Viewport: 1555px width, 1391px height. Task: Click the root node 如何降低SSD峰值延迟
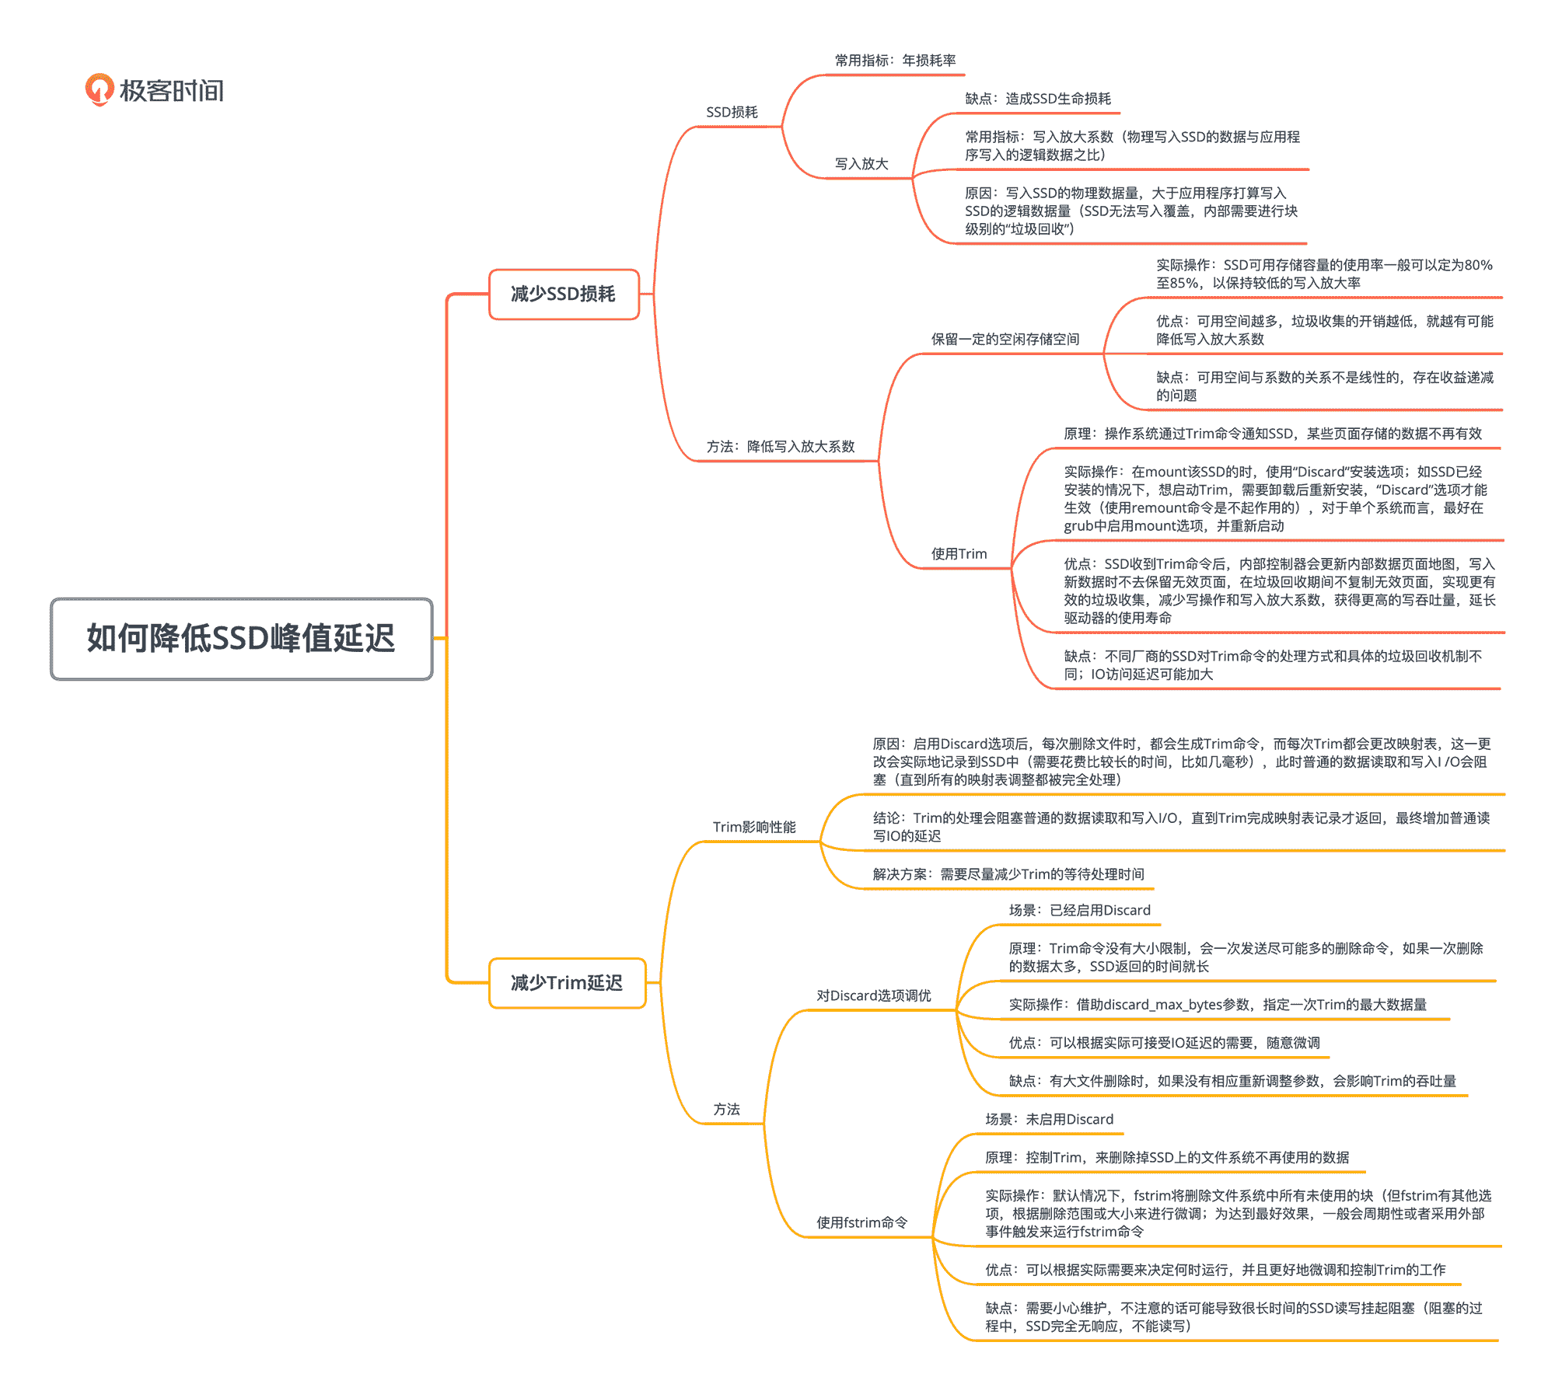pos(241,639)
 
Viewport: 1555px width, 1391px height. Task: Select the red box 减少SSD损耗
pos(564,294)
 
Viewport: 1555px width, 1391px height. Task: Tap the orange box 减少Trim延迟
pos(567,983)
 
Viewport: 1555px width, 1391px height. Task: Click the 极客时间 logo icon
pos(100,89)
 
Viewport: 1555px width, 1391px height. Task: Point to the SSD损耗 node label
pos(732,112)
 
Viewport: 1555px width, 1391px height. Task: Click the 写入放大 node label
pos(861,164)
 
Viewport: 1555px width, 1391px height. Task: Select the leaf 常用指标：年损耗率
pos(895,61)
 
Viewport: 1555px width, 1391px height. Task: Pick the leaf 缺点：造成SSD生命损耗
pos(1038,99)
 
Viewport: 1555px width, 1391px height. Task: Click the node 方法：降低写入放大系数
pos(780,447)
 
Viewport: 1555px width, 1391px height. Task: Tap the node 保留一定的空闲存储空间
pos(1005,340)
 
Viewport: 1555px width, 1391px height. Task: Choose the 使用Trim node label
pos(959,554)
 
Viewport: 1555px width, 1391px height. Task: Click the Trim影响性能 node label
pos(754,827)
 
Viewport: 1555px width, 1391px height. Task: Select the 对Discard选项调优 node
pos(873,995)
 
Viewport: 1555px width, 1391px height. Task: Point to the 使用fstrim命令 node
pos(861,1222)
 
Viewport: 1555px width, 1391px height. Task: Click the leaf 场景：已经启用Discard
pos(1079,910)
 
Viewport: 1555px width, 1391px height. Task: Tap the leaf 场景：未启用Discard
pos(1049,1119)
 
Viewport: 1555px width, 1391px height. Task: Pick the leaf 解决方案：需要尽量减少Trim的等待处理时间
pos(1008,874)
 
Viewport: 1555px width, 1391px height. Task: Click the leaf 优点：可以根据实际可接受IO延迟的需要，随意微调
pos(1164,1043)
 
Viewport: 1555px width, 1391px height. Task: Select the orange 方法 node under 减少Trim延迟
pos(727,1110)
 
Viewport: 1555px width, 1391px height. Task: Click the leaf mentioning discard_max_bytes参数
pos(1217,1005)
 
